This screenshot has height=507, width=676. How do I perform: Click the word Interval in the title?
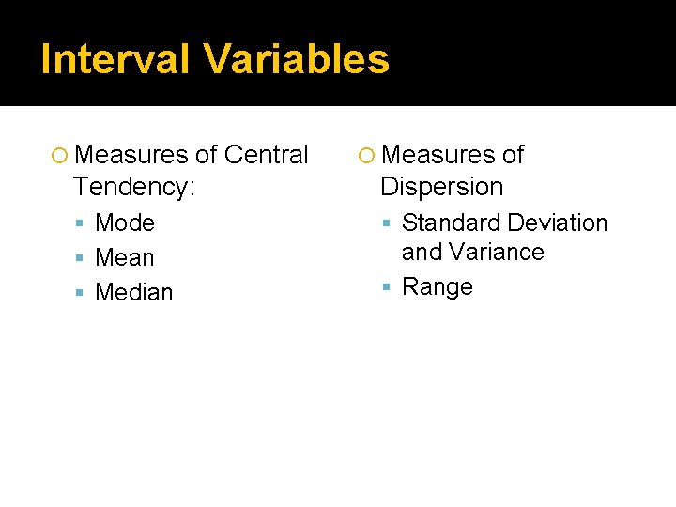pos(115,59)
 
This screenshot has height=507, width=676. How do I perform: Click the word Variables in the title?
pos(297,59)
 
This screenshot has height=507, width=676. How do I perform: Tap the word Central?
pos(267,154)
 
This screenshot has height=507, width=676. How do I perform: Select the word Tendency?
pos(134,186)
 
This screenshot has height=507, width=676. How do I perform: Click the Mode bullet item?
pos(125,223)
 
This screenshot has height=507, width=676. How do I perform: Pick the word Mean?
pos(125,257)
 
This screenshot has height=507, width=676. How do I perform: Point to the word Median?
pos(134,292)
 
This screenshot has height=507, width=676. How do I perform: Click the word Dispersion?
pos(442,186)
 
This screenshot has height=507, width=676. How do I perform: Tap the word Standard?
pos(451,223)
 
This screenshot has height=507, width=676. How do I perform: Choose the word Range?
pos(438,286)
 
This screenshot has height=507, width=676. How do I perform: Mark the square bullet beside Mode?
pos(82,223)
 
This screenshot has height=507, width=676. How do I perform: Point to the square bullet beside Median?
pos(82,293)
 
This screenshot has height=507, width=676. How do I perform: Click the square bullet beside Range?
pos(388,287)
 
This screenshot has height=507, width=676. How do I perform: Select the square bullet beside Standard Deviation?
pos(388,223)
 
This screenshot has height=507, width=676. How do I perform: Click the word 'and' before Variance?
pos(422,252)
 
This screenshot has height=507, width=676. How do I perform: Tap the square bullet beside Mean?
pos(82,258)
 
